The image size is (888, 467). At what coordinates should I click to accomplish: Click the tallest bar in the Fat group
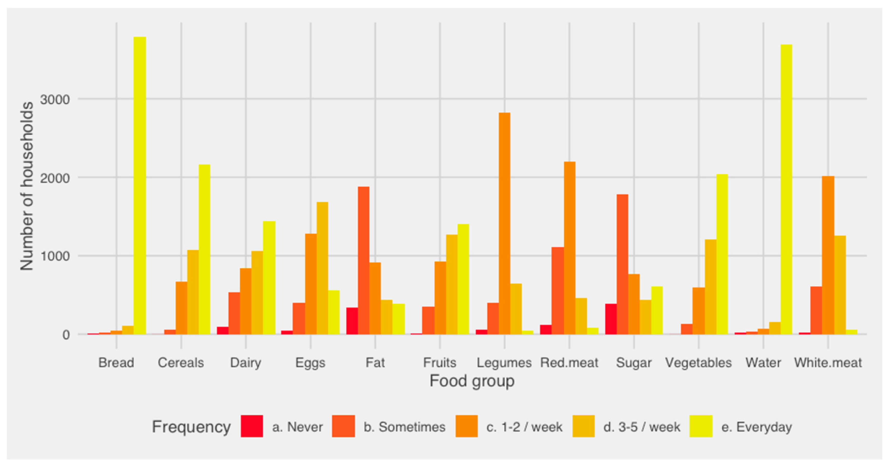[363, 260]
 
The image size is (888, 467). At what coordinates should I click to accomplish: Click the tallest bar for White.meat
[828, 255]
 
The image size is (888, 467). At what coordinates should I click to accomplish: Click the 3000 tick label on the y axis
[55, 100]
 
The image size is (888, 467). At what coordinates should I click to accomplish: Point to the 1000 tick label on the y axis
[55, 256]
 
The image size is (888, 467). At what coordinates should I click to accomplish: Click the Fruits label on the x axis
[440, 363]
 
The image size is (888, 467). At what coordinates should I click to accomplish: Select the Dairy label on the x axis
[246, 363]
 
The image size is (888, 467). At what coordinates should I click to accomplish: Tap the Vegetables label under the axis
[698, 363]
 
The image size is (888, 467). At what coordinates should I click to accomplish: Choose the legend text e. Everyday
[756, 427]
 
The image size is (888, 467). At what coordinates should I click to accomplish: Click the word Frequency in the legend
[191, 427]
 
